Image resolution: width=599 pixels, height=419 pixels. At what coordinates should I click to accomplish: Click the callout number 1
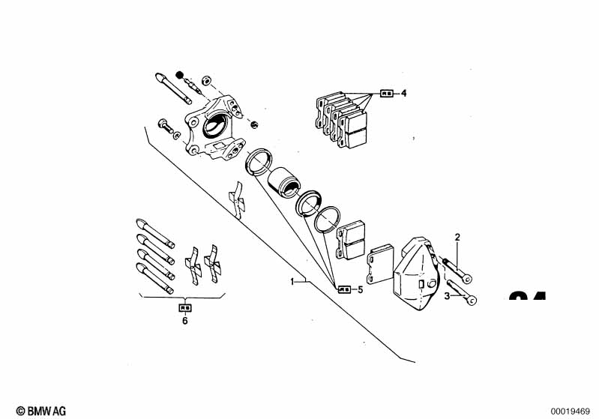pyautogui.click(x=293, y=281)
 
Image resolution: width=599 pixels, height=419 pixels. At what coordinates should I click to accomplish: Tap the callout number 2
pyautogui.click(x=457, y=238)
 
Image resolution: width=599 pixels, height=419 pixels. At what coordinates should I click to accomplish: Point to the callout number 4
pyautogui.click(x=403, y=94)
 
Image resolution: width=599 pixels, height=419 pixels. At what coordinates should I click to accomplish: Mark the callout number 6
pyautogui.click(x=184, y=321)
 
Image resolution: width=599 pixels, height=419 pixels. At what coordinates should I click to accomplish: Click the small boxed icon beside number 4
pyautogui.click(x=387, y=94)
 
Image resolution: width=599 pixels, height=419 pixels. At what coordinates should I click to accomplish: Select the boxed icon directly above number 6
pyautogui.click(x=184, y=307)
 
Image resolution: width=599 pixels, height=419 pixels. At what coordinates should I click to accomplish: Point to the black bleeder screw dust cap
pyautogui.click(x=180, y=73)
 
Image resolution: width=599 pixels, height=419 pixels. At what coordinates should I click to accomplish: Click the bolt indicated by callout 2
pyautogui.click(x=457, y=270)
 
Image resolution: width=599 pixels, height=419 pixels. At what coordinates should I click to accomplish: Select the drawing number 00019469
pyautogui.click(x=572, y=410)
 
